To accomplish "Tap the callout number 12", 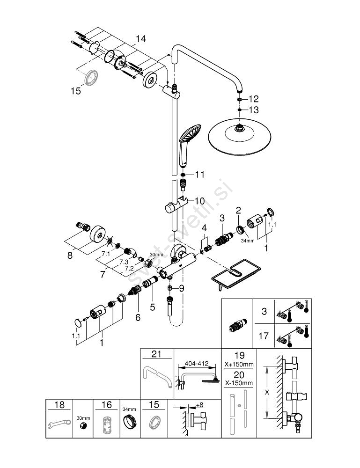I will click(x=253, y=99).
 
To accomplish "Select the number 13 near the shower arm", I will click(x=253, y=110).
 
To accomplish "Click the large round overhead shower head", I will click(x=239, y=135).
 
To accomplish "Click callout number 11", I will click(x=200, y=175).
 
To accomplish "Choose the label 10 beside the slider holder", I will click(x=199, y=201).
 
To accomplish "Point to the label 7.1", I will click(x=106, y=253).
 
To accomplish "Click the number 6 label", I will click(x=138, y=317).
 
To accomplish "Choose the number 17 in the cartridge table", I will click(x=264, y=336).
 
